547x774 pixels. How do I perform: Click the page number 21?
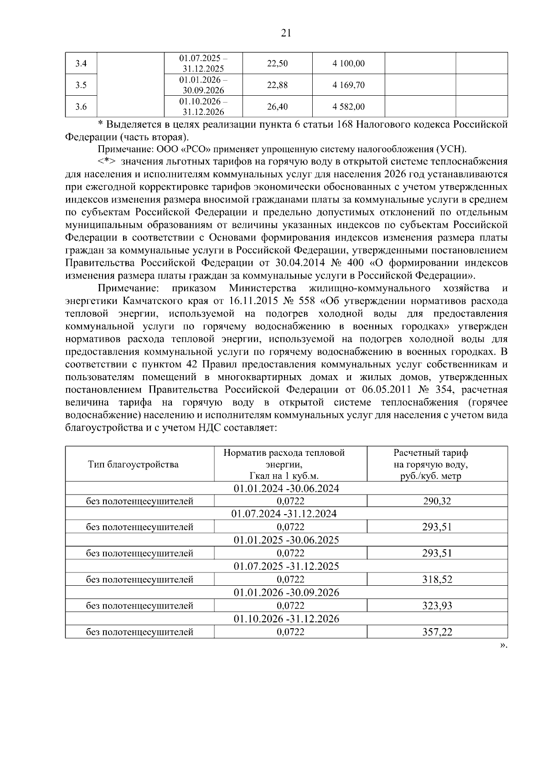pos(286,33)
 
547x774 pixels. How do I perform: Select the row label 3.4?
pos(81,63)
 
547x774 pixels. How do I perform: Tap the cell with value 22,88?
pos(277,85)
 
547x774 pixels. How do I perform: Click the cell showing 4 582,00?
pos(349,107)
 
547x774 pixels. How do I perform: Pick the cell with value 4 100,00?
pos(349,63)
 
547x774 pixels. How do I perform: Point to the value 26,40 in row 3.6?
pos(277,107)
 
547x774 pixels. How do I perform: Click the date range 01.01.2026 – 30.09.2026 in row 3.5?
pos(203,85)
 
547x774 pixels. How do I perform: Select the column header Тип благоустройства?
pos(133,464)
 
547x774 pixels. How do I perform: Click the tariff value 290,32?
pos(437,501)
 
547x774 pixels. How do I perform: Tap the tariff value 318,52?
pos(437,580)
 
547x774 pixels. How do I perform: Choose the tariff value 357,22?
pos(437,632)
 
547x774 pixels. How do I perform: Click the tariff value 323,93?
pos(437,606)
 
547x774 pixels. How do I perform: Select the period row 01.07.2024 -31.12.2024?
pos(286,514)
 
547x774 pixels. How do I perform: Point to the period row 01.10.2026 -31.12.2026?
pos(286,619)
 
